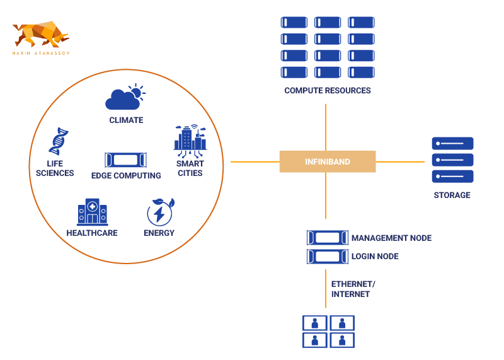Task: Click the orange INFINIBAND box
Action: point(327,161)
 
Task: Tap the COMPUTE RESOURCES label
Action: point(327,90)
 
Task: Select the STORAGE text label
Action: point(452,195)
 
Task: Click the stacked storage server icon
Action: point(452,160)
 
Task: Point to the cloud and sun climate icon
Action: point(125,97)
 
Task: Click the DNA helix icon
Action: point(58,141)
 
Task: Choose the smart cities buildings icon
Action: point(190,140)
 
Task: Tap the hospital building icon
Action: point(92,212)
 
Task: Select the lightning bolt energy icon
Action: point(159,212)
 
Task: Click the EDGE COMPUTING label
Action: point(126,175)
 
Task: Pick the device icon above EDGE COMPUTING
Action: point(126,158)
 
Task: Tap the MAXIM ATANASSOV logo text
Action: point(41,54)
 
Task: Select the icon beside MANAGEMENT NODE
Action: point(327,238)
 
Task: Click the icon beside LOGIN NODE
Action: point(327,256)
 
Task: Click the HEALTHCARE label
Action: point(92,233)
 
